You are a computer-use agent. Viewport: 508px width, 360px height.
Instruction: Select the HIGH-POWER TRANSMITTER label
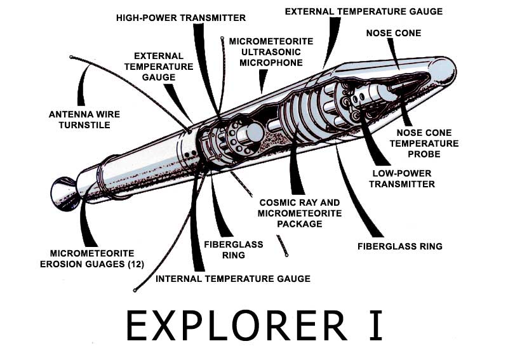[x=180, y=18]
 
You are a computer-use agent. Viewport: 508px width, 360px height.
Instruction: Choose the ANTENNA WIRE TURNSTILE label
[x=84, y=119]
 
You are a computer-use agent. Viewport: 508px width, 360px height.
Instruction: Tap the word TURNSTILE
[x=84, y=125]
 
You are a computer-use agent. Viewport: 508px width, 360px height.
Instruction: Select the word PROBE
[x=428, y=154]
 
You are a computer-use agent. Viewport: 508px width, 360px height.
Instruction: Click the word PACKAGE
[x=299, y=223]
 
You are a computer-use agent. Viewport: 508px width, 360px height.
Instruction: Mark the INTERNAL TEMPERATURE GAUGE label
[x=233, y=278]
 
